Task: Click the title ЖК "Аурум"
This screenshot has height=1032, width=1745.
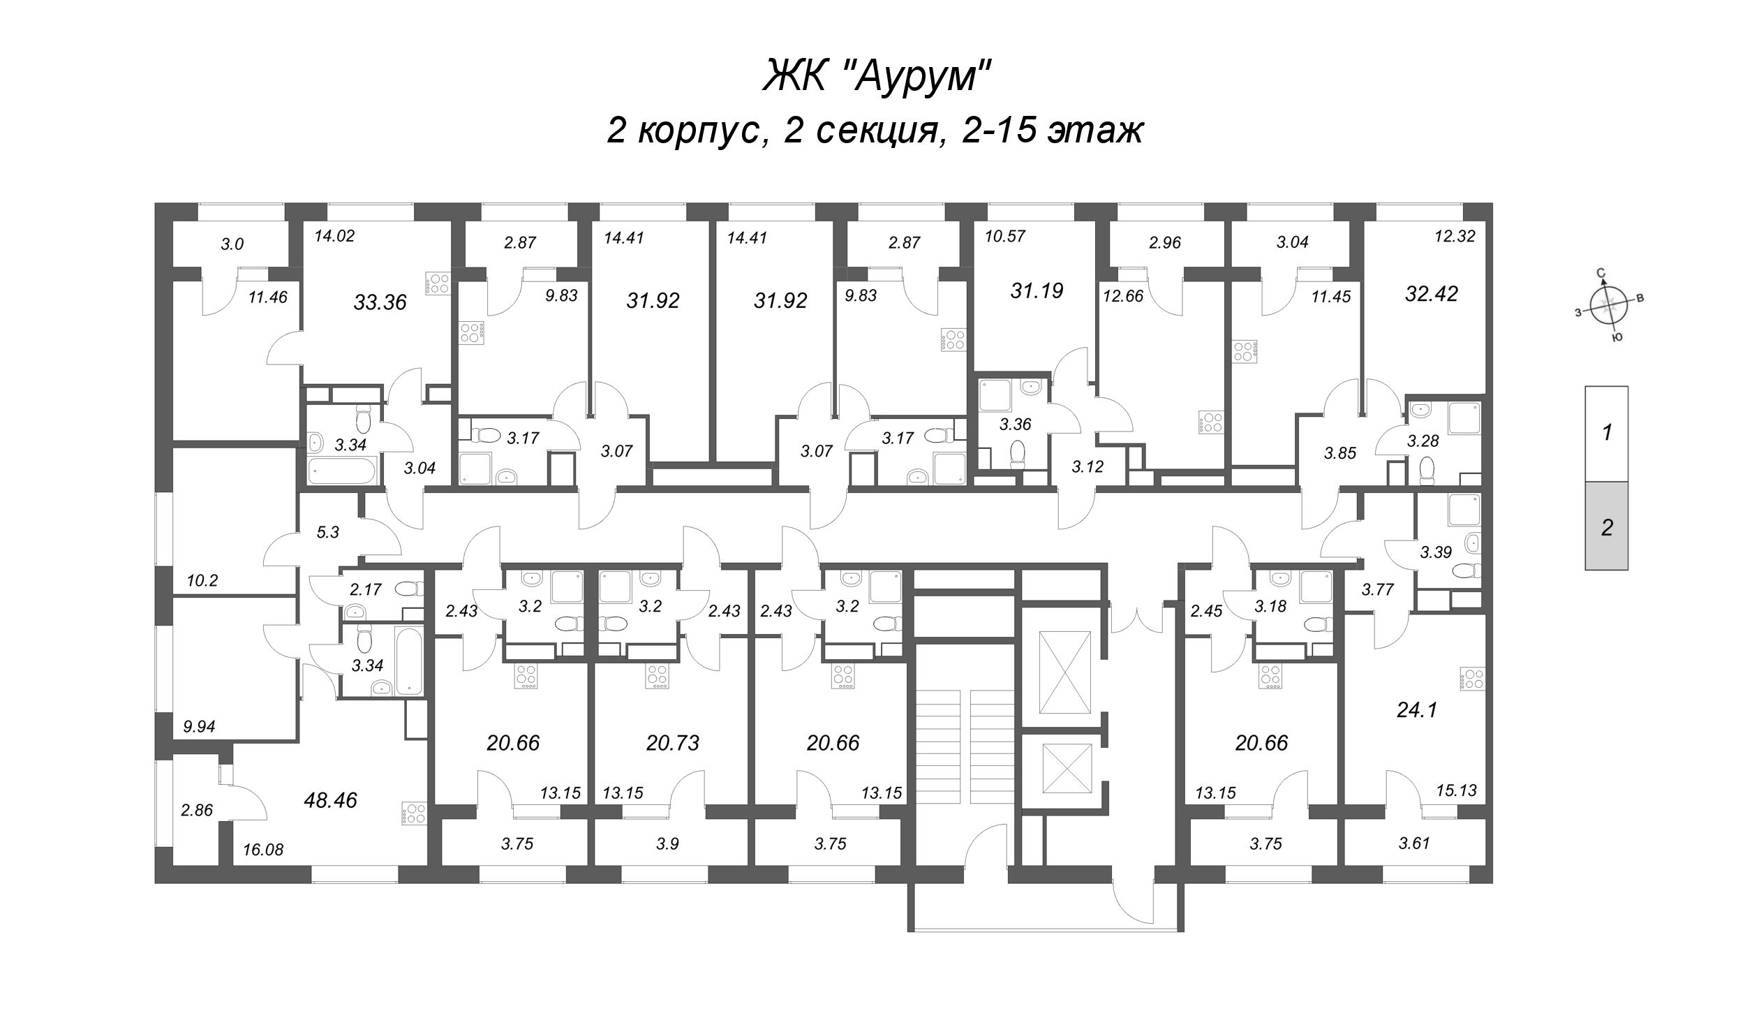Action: pos(876,75)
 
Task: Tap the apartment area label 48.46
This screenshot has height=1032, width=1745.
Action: pos(330,800)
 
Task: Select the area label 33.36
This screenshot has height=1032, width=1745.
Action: pos(380,302)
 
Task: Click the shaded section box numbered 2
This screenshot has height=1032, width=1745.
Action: pos(1607,526)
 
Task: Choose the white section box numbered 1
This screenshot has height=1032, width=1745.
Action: pos(1607,433)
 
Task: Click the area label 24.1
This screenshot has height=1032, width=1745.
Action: pos(1417,710)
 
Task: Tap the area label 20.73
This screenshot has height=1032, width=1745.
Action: pos(672,743)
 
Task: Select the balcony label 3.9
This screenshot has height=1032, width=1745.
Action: pos(667,843)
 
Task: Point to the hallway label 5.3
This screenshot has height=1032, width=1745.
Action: pos(327,532)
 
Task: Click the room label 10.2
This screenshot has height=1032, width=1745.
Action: pos(202,580)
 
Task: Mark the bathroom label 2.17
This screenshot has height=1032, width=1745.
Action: pos(365,589)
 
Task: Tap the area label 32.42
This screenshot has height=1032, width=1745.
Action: pos(1432,294)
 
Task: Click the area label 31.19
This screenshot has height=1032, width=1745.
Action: pos(1037,290)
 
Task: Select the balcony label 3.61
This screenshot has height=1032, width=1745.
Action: pos(1414,843)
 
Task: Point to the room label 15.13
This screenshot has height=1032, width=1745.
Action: pos(1456,790)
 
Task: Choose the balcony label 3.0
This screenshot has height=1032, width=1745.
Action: pos(232,244)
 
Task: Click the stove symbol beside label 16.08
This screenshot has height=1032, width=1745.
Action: pos(413,813)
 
